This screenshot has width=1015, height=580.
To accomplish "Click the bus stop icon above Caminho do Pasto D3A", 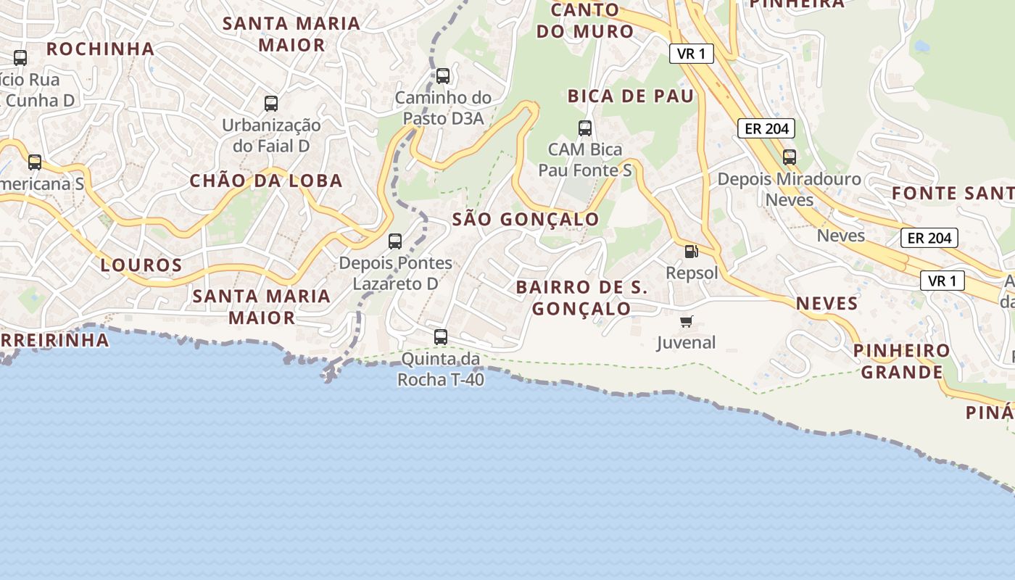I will (x=442, y=75).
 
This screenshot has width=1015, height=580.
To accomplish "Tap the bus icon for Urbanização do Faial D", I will (x=271, y=103).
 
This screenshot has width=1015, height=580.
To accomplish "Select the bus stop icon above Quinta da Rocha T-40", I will (x=441, y=336).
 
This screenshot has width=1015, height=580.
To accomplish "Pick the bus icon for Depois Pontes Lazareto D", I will (x=395, y=241).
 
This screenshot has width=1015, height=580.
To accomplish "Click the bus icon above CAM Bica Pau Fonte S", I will (x=585, y=128).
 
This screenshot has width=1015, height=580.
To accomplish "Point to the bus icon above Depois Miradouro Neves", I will (x=790, y=157).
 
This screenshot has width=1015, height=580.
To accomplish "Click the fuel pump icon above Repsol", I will (x=692, y=252).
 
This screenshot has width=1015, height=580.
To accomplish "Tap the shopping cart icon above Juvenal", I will (x=686, y=321).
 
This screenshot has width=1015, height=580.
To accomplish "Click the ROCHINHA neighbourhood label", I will (x=101, y=49).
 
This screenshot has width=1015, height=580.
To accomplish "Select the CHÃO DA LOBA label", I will (x=266, y=181).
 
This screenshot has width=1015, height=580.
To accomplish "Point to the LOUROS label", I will (x=141, y=265).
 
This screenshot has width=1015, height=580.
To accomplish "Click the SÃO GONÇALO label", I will (x=526, y=219).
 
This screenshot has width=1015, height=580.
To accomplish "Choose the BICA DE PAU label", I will (x=631, y=96).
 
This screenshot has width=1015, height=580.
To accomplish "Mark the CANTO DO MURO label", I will (x=591, y=20).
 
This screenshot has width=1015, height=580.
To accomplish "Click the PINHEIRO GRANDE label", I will (x=901, y=361).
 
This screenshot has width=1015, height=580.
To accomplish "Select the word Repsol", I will (x=692, y=273).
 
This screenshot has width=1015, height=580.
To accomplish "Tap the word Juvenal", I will (x=686, y=342).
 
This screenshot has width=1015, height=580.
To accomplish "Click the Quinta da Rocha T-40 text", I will (x=441, y=368).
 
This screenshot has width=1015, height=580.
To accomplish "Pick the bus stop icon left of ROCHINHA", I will (x=20, y=57).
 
